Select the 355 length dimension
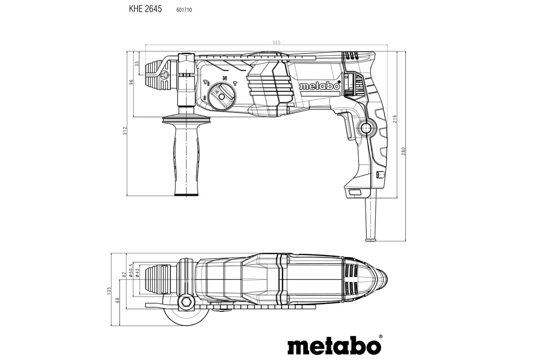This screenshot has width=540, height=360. click(x=276, y=42)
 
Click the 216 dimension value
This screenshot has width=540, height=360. click(x=394, y=119)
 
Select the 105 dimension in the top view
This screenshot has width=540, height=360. click(x=109, y=291)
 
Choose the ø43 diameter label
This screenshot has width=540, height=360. click(x=137, y=273)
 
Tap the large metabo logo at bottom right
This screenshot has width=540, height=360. click(x=335, y=346)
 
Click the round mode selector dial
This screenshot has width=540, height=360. click(x=221, y=94)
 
